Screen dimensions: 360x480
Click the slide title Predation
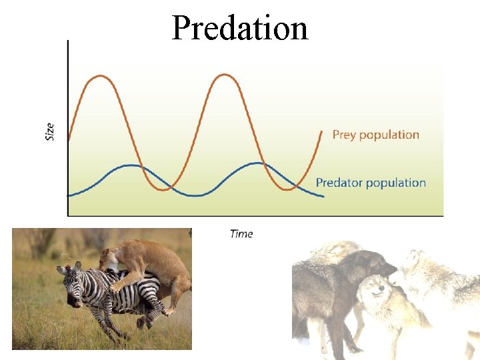coord(240,28)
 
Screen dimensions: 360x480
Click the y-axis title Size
coord(50,131)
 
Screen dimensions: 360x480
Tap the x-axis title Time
coord(241,233)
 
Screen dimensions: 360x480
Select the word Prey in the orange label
coord(344,135)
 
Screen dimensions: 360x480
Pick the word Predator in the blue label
coord(340,183)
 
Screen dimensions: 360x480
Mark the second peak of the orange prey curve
coord(226,75)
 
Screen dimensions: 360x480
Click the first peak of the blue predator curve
coord(133,165)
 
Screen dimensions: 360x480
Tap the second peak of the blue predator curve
coord(257,163)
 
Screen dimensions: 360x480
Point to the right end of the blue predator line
coord(323,197)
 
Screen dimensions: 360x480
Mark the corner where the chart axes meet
coord(68,215)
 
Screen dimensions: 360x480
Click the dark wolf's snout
coord(390,269)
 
